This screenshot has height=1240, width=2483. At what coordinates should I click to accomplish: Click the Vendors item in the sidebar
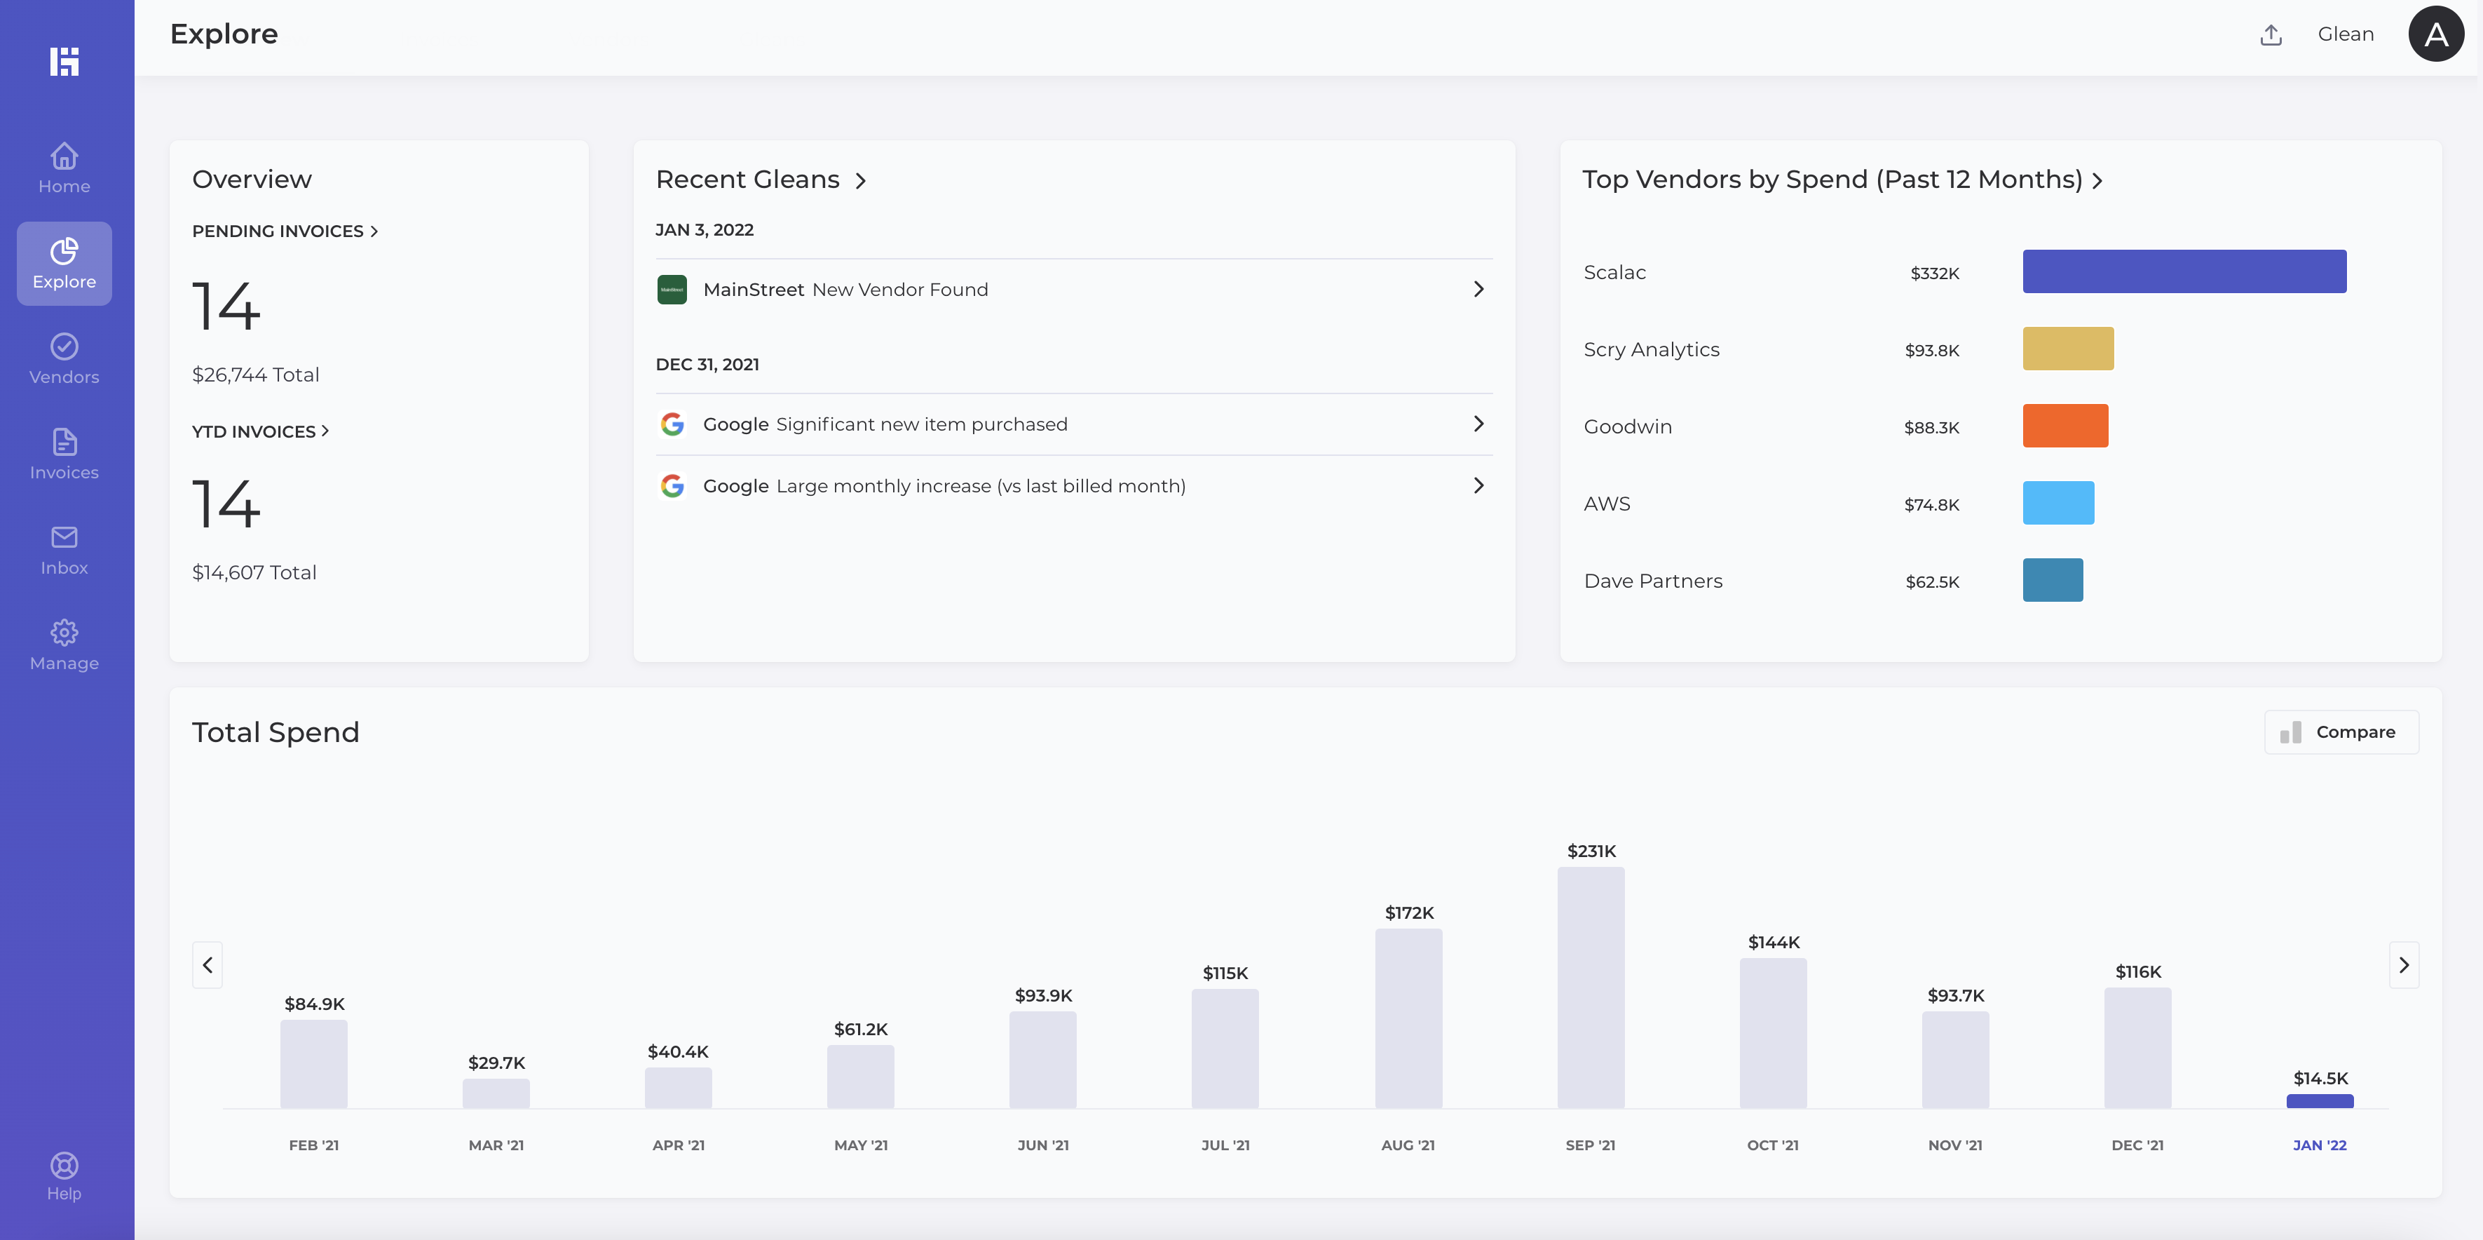(x=64, y=358)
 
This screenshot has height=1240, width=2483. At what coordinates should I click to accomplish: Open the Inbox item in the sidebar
(x=64, y=550)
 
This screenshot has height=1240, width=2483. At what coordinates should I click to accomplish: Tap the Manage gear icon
(x=64, y=633)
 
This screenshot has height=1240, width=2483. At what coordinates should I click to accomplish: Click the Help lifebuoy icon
(x=64, y=1166)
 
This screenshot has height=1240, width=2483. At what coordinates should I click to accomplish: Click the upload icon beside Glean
(x=2271, y=34)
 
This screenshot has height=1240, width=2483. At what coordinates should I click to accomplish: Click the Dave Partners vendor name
(x=1652, y=581)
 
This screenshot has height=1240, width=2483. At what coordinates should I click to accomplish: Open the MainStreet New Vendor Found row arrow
(x=1478, y=289)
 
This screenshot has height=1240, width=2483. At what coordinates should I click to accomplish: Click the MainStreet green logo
(x=672, y=289)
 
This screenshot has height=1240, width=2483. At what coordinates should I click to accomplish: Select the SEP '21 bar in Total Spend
(x=1591, y=988)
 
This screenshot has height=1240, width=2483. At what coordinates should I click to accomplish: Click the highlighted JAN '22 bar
(x=2319, y=1101)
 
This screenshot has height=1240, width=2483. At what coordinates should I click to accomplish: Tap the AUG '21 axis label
(x=1408, y=1145)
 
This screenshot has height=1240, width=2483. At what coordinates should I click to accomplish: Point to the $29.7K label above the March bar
(x=496, y=1063)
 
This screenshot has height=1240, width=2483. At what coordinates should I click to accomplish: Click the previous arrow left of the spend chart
(x=208, y=964)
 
